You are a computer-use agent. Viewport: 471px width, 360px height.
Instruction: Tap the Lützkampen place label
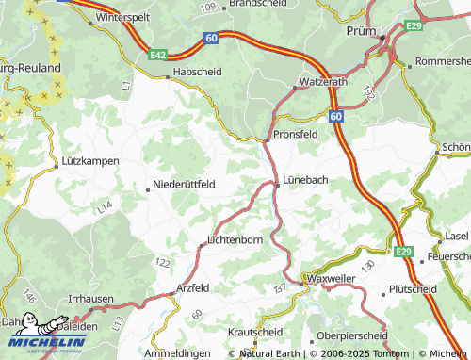click(x=90, y=161)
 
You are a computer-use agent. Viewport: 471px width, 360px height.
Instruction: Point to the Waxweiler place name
click(x=333, y=283)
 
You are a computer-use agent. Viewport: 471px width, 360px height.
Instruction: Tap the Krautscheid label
click(x=255, y=333)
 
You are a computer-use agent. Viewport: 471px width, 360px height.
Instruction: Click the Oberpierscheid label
click(x=351, y=335)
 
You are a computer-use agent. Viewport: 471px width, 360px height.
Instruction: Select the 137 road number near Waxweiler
click(x=280, y=286)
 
